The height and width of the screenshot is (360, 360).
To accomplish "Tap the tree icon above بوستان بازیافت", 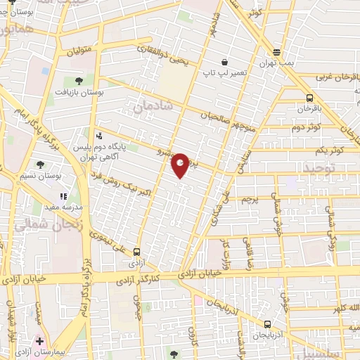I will click(78, 82).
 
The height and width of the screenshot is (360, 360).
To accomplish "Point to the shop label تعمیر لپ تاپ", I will click(224, 73).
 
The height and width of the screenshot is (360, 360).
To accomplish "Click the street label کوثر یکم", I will click(328, 150).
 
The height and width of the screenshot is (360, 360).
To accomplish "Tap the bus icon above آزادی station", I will click(136, 251).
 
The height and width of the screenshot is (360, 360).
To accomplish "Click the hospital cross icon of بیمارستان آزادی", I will click(40, 340).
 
